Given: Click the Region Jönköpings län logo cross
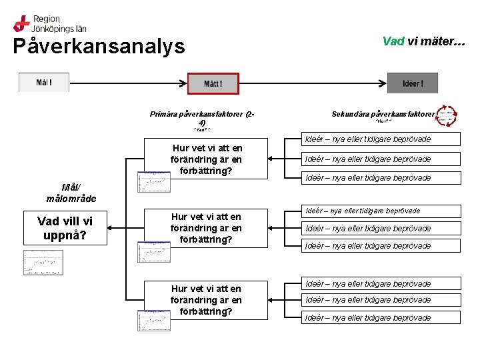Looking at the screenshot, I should coord(21,23).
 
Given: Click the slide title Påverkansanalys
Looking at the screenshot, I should coord(99,46).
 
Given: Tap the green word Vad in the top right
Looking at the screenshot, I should coord(393,41).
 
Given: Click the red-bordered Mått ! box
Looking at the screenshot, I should coord(213,84).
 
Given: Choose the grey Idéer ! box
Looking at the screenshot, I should coord(413,84).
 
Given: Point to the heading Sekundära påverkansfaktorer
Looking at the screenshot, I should coord(382,114).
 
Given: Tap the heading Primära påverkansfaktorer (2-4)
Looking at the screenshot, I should coord(202,118).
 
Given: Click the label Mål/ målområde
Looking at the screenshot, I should coord(71,193).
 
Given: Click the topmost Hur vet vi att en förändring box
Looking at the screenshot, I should coord(207,159).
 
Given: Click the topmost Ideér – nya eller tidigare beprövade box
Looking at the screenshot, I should coord(381,139).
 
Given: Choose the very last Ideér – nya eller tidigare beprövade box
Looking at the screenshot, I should coord(381,317).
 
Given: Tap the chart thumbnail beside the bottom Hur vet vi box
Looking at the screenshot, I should coord(154,320).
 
